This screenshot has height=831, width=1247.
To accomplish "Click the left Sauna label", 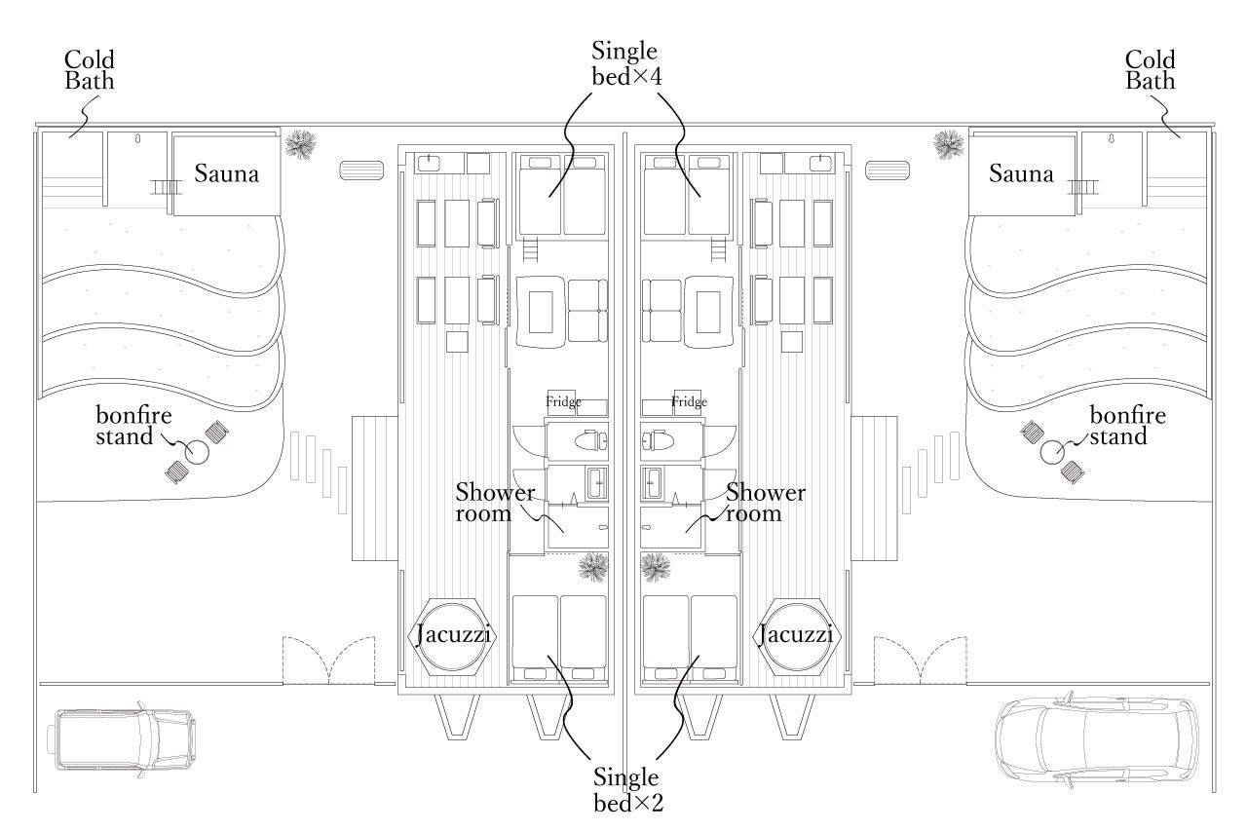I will click(226, 174).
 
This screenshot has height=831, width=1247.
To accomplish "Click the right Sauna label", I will click(1021, 174).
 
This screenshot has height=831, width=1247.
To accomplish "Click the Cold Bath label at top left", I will click(90, 70).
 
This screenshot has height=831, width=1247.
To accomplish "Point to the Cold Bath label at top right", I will click(1151, 70).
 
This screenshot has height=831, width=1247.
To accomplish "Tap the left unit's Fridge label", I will click(563, 401).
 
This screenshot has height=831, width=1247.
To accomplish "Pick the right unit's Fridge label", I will click(689, 401).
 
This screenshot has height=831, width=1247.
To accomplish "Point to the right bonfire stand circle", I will click(1051, 451).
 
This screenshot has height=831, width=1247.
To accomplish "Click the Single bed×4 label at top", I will click(625, 64).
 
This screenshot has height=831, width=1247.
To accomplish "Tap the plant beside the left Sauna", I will click(301, 144).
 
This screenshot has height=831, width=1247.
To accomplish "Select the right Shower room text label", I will click(766, 503).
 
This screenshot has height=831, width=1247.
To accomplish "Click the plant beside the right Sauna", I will click(947, 144).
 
